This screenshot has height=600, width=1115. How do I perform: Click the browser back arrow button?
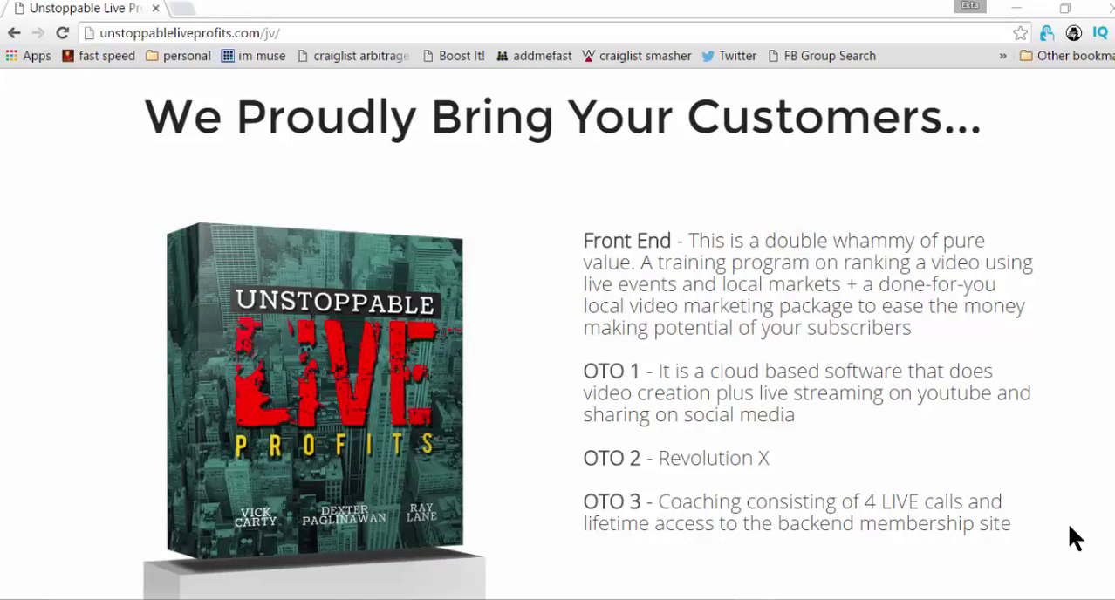click(x=14, y=33)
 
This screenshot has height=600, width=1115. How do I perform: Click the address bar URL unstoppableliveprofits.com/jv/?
click(x=189, y=33)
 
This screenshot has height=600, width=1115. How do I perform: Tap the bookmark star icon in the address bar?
click(x=1020, y=33)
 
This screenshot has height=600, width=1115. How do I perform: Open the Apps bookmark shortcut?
click(x=29, y=56)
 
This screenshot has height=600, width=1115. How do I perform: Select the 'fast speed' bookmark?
click(x=99, y=56)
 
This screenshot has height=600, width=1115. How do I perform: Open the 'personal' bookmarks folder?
click(x=178, y=56)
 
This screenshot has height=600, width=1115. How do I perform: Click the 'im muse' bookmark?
click(x=253, y=56)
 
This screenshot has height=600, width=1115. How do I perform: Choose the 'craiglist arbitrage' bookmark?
click(x=354, y=56)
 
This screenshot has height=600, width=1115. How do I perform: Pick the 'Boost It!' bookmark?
click(x=454, y=56)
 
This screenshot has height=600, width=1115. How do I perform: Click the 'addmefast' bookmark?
click(x=534, y=56)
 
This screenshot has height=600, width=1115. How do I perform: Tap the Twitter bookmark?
click(x=729, y=56)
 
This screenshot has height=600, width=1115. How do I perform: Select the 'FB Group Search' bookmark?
click(x=823, y=56)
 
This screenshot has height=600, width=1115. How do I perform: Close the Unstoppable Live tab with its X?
click(x=156, y=9)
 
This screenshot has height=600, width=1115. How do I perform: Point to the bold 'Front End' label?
click(x=627, y=241)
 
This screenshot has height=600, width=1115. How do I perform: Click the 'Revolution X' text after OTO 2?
click(x=714, y=458)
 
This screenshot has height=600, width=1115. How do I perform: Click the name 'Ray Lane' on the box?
click(x=421, y=513)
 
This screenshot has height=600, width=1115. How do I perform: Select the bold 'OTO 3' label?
click(x=612, y=501)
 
